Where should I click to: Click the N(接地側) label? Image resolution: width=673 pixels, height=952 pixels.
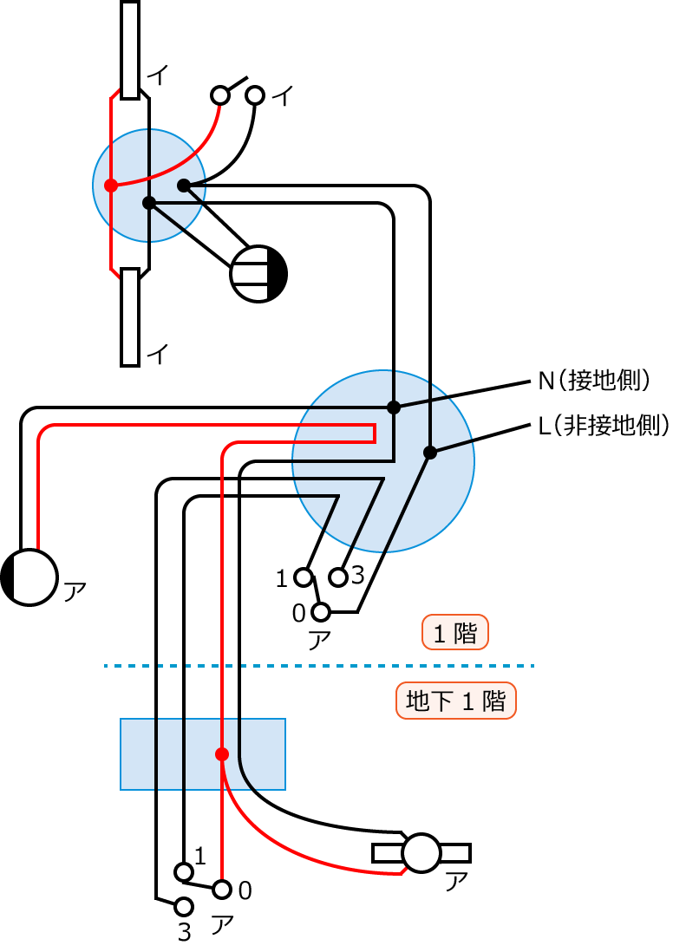(x=594, y=381)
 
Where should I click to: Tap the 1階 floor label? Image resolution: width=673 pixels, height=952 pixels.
(x=455, y=633)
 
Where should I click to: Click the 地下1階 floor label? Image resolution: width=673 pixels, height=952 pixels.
(x=455, y=701)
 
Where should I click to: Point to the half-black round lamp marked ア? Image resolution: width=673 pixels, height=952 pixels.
(x=29, y=577)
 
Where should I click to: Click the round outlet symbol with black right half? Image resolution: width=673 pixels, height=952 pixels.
(x=258, y=274)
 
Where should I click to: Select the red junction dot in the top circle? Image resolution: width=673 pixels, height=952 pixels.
(x=110, y=185)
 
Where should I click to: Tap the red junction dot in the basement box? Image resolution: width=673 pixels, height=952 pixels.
(x=222, y=753)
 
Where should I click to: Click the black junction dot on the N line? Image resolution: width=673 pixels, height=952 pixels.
(x=393, y=407)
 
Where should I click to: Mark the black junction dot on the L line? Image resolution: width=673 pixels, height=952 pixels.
(x=429, y=452)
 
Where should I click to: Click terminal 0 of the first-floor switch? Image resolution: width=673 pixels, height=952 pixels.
(x=321, y=612)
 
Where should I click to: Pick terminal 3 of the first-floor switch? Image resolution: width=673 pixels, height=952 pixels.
(x=338, y=577)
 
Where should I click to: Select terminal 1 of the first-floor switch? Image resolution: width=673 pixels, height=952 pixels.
(x=303, y=577)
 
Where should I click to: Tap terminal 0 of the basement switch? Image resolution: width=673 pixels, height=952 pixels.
(x=222, y=890)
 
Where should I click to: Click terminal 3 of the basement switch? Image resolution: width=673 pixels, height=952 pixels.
(x=183, y=907)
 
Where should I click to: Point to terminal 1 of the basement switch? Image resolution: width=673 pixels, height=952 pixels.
(x=183, y=871)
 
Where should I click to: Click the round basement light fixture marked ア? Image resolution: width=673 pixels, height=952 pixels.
(x=422, y=853)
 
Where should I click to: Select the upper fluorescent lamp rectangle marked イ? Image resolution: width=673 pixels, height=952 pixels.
(x=130, y=49)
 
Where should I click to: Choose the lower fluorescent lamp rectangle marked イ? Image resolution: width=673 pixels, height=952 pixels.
(x=130, y=316)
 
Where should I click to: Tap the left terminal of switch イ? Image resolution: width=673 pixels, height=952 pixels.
(x=220, y=95)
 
